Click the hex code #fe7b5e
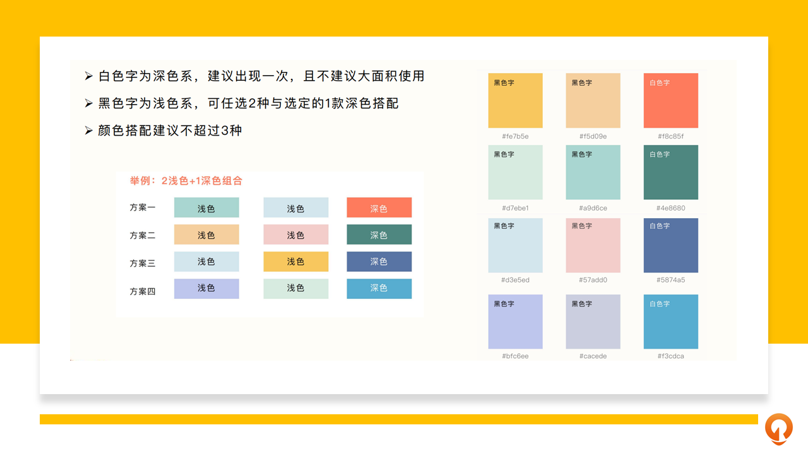click(x=515, y=136)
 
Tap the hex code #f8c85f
click(x=670, y=136)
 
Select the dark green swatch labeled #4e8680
click(x=670, y=172)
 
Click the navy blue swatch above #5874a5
click(x=670, y=245)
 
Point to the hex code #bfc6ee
click(x=515, y=356)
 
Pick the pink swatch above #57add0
click(x=593, y=245)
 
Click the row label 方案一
click(x=143, y=207)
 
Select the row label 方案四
click(x=143, y=291)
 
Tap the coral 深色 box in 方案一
click(x=379, y=207)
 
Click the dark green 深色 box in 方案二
click(x=379, y=235)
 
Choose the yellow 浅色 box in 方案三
click(x=296, y=262)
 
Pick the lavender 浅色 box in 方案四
click(x=206, y=289)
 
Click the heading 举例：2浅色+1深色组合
click(x=186, y=181)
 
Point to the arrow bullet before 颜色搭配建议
click(x=89, y=131)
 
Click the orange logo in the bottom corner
click(x=779, y=429)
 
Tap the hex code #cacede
click(x=593, y=356)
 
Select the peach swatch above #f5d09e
click(x=593, y=100)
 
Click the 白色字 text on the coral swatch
click(x=660, y=83)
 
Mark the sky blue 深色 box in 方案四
click(x=379, y=289)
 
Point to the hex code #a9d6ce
click(x=593, y=208)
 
